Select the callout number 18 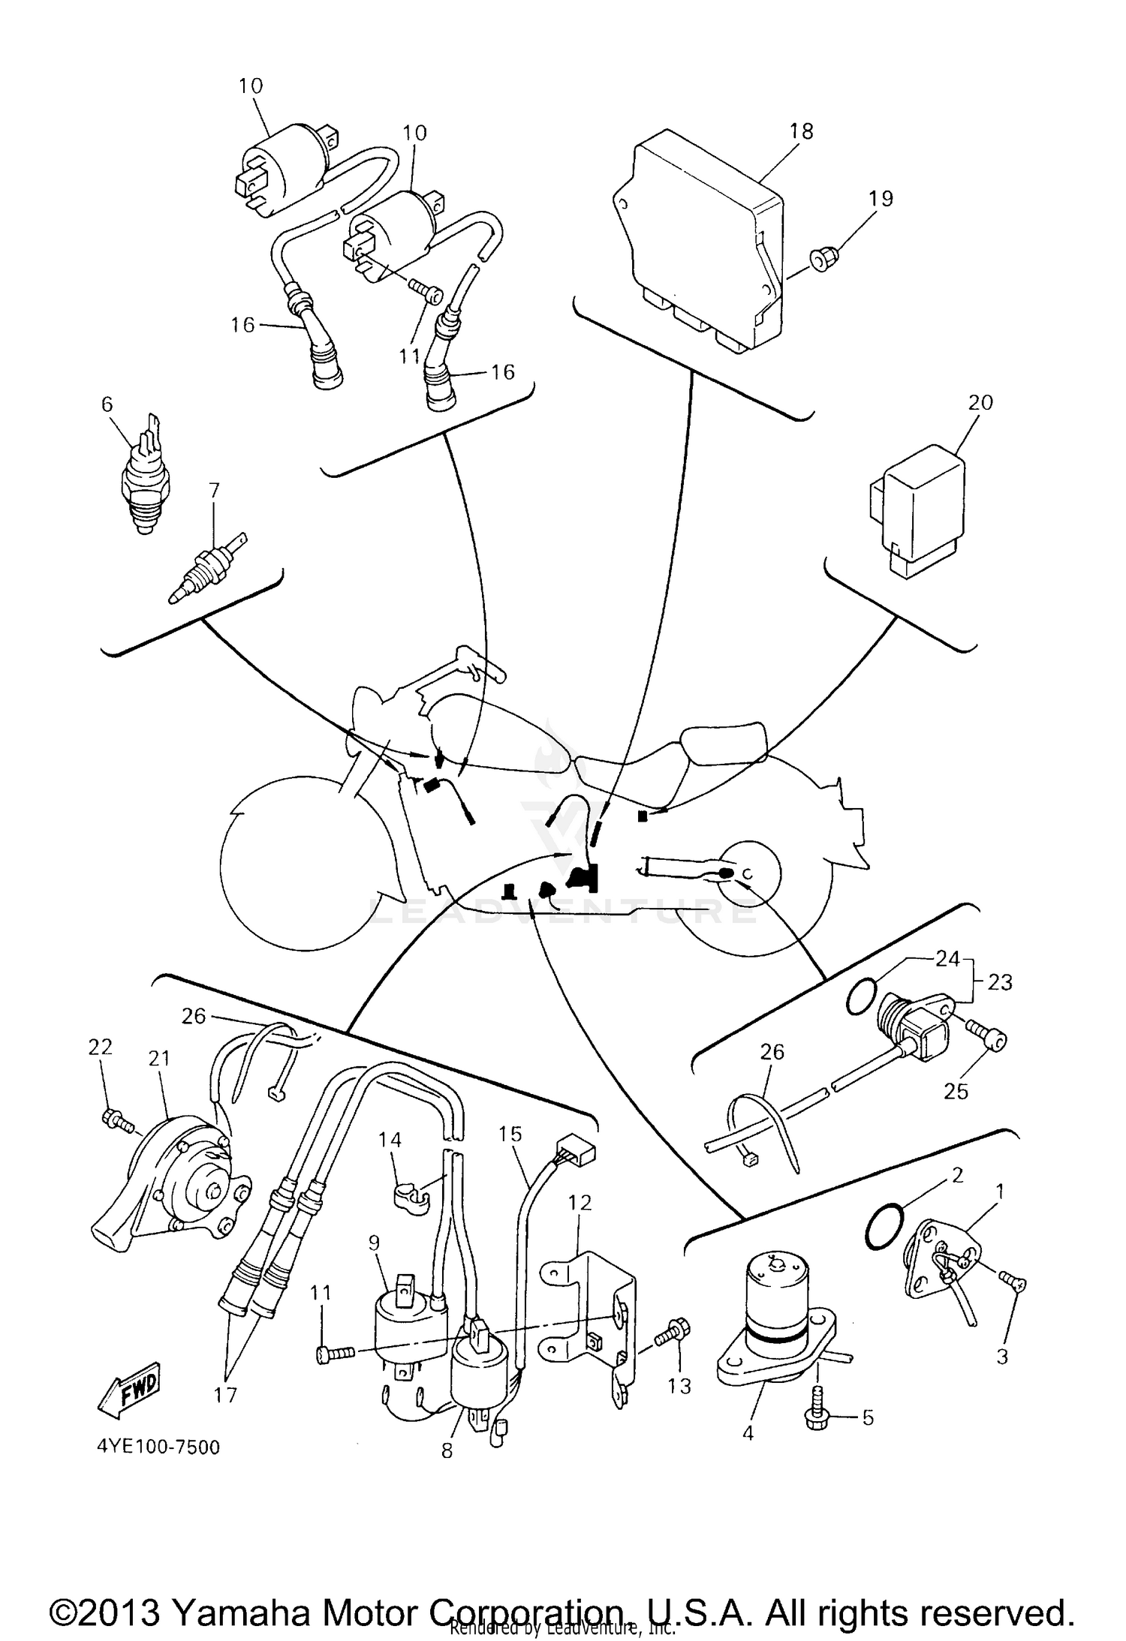click(801, 131)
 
